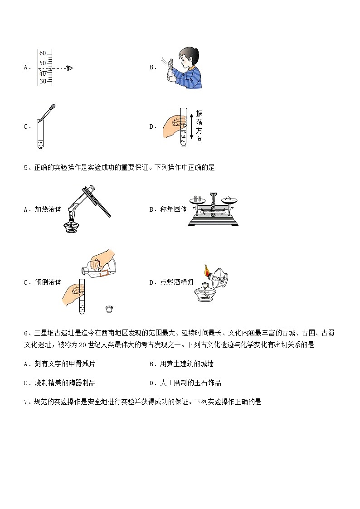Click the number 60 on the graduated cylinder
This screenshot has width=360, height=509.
43,53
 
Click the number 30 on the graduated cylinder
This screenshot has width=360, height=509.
43,81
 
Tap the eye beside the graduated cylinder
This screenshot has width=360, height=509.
69,68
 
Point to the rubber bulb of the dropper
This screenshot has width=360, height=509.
53,108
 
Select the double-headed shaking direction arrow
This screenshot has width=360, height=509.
191,126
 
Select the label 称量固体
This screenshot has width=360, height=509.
173,209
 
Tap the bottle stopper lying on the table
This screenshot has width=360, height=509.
109,309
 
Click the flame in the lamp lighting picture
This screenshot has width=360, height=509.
207,271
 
